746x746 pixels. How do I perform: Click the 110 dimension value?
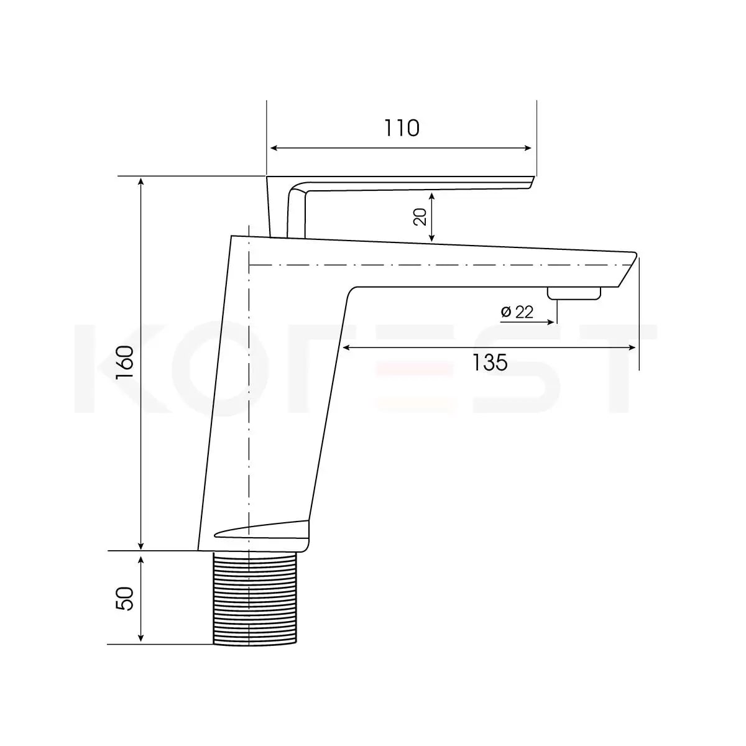(x=402, y=128)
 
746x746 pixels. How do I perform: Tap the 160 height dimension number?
(x=125, y=362)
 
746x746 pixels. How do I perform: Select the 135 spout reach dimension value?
(x=490, y=362)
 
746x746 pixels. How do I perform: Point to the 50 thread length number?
(x=125, y=599)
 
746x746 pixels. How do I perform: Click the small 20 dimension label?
(x=420, y=217)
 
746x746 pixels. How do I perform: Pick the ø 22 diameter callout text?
(x=517, y=311)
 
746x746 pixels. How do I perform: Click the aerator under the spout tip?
(x=574, y=293)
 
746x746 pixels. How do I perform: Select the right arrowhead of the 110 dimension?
(x=527, y=148)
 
